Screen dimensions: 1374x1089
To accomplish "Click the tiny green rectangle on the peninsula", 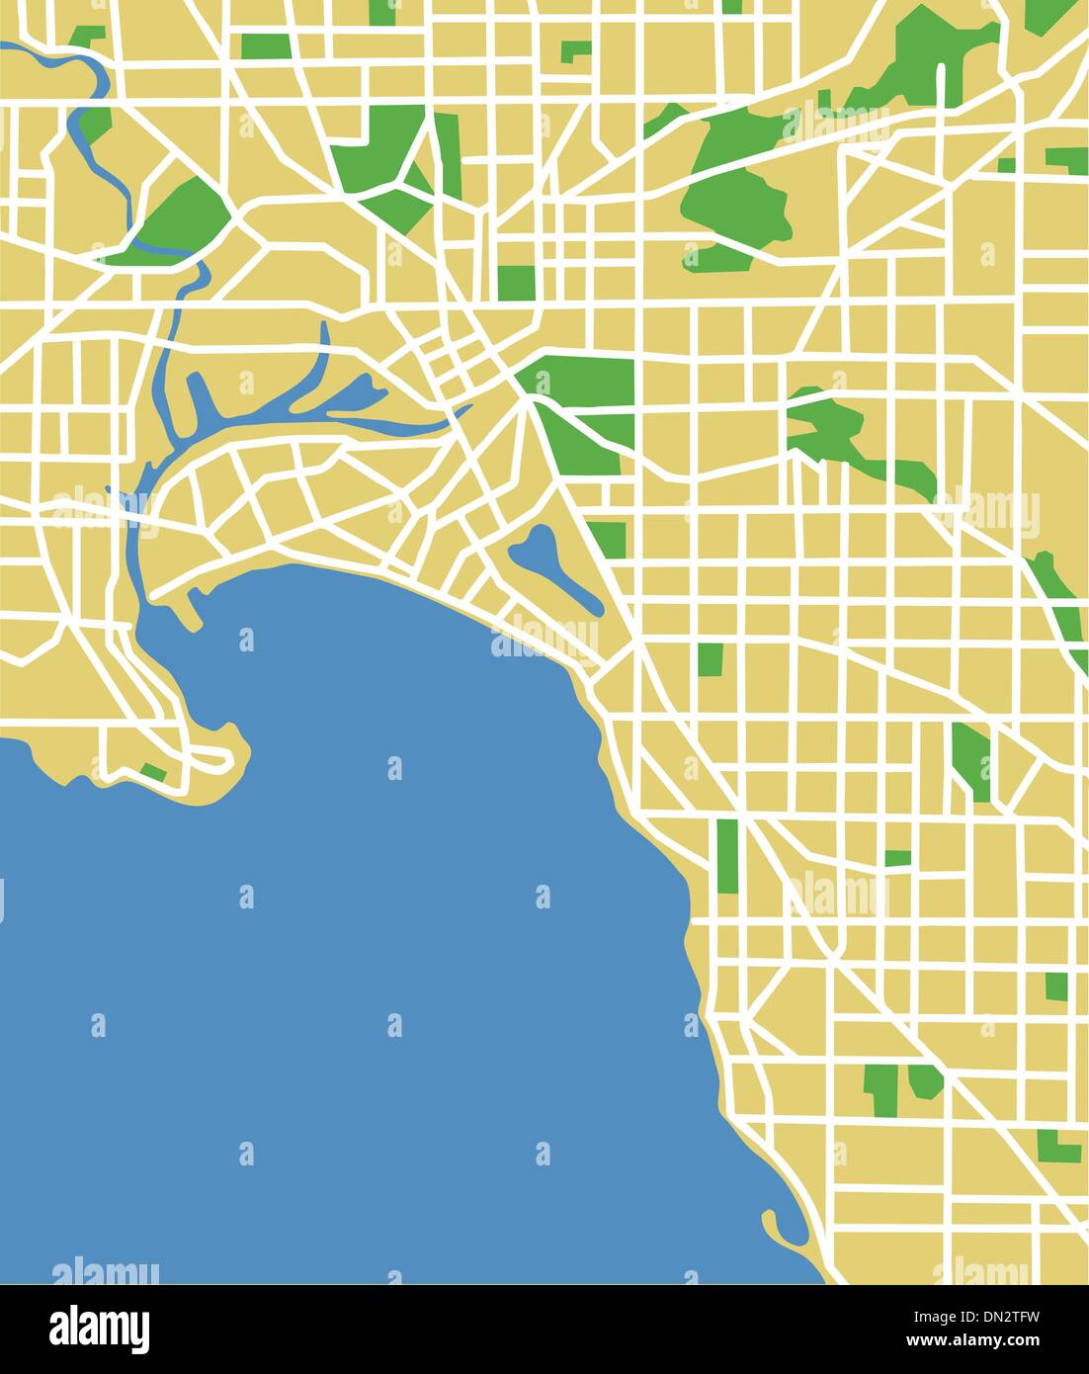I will click(153, 770).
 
